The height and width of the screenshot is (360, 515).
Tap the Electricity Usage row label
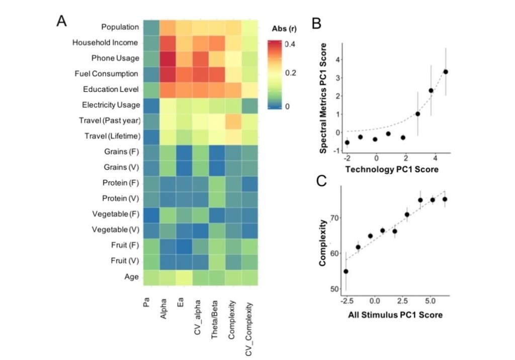tap(110, 105)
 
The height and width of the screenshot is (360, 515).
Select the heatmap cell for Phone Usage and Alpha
tap(168, 58)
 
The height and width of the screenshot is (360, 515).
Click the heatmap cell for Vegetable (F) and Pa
tap(151, 214)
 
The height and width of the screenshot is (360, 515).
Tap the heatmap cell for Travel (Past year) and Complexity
tap(233, 120)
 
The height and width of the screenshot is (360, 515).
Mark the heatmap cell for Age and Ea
tap(184, 276)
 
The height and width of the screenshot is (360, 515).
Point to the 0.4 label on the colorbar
tap(290, 44)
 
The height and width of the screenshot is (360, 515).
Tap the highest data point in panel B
tap(446, 71)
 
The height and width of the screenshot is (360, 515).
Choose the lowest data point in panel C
tap(346, 272)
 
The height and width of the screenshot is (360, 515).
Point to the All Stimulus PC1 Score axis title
tap(392, 315)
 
